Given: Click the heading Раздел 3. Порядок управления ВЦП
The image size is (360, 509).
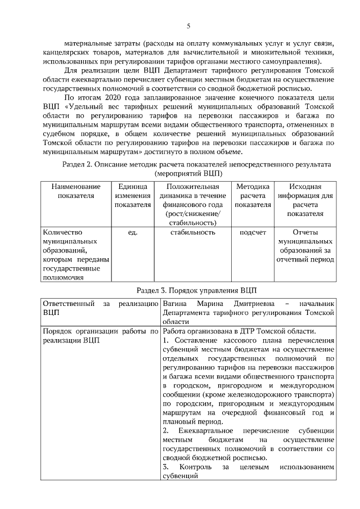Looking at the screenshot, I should click(x=196, y=290).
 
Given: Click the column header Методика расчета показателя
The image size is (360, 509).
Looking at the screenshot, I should click(x=253, y=196).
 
